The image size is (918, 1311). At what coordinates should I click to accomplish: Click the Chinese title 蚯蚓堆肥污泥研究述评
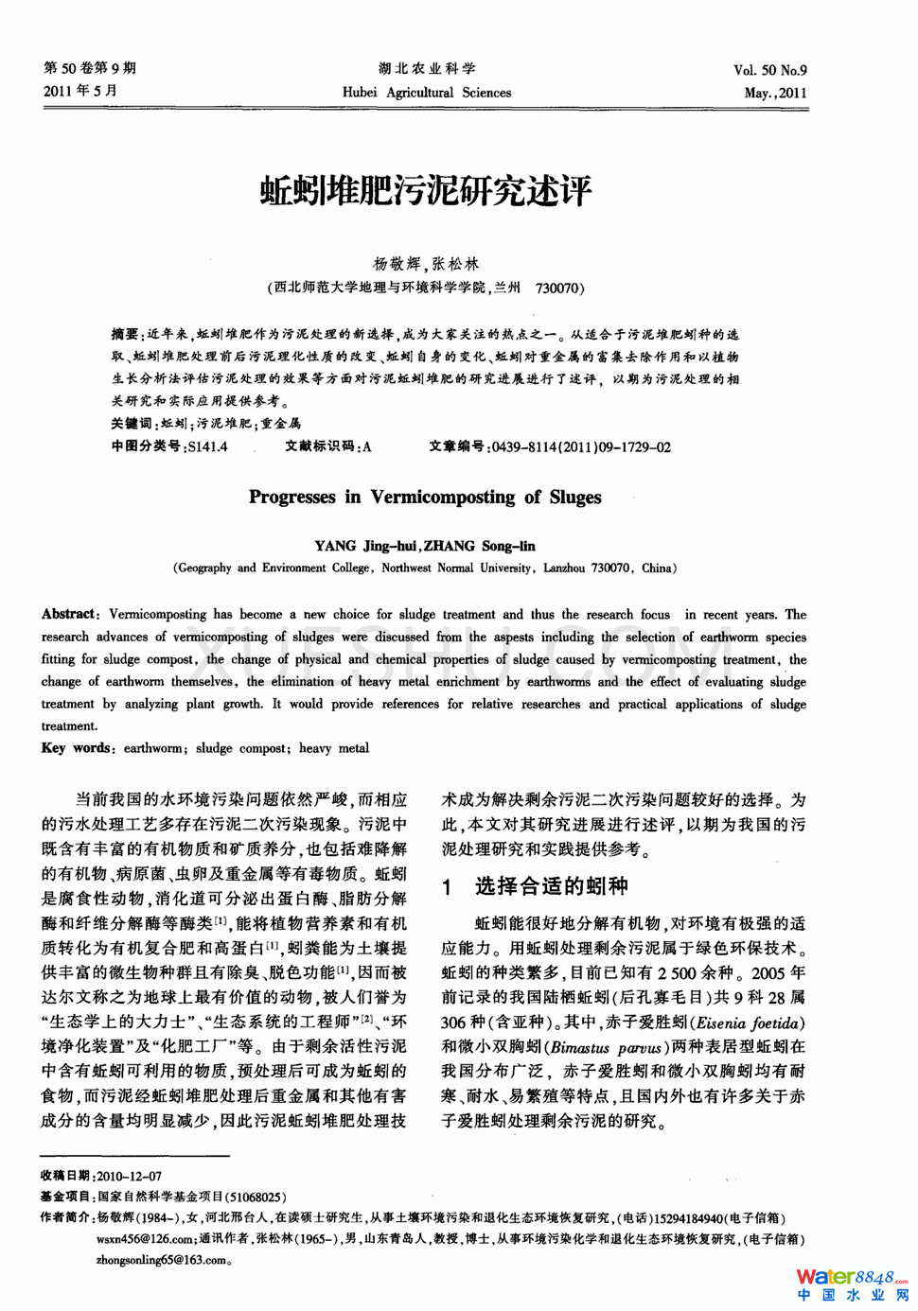425,191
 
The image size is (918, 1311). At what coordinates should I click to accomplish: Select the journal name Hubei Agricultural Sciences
426,93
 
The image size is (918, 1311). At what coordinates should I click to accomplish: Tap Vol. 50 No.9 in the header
769,70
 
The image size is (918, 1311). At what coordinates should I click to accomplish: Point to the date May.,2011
775,93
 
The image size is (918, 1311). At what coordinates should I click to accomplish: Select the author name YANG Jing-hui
366,546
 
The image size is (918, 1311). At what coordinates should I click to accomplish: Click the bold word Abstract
69,615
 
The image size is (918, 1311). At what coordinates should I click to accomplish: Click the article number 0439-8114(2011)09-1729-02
581,447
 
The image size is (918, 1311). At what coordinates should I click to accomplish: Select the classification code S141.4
207,447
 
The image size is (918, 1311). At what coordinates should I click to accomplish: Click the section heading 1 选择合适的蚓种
535,886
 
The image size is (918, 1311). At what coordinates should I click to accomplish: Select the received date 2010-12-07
129,1176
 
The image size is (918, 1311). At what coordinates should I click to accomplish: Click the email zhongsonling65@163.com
162,1260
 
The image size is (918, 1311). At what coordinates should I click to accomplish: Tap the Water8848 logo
851,1283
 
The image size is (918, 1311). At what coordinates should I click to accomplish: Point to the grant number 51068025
255,1197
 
